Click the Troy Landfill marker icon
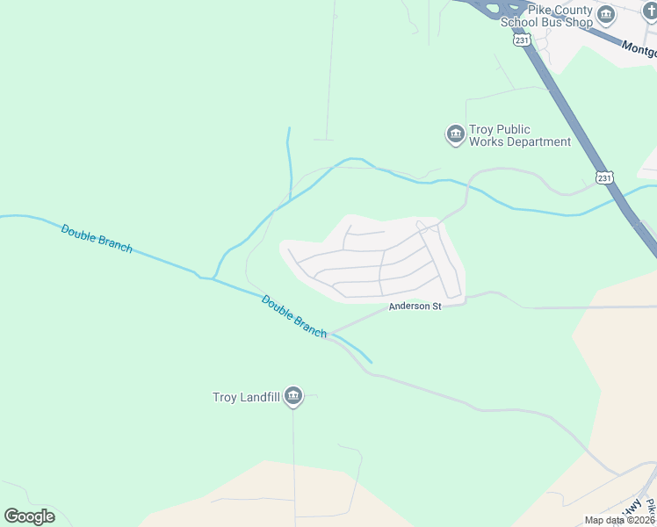tap(294, 397)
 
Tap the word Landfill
tap(259, 397)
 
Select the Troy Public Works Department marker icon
tap(455, 134)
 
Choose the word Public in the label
tap(535, 129)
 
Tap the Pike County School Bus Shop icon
tap(606, 15)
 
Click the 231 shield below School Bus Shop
tap(523, 40)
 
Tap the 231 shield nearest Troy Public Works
tap(603, 177)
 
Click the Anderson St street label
tap(415, 306)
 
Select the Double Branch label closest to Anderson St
tap(294, 316)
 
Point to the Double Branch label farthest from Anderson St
tap(97, 238)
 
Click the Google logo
tap(29, 516)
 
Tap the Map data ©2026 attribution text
tap(619, 520)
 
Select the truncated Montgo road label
tap(639, 51)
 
